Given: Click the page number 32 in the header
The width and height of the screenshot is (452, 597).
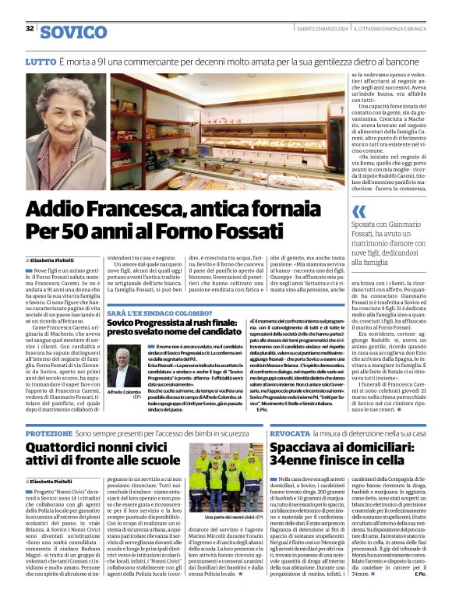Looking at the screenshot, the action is (x=30, y=29).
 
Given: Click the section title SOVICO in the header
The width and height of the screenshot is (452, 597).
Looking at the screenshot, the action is (x=73, y=31).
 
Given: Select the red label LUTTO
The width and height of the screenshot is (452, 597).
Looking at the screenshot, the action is (x=40, y=61).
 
